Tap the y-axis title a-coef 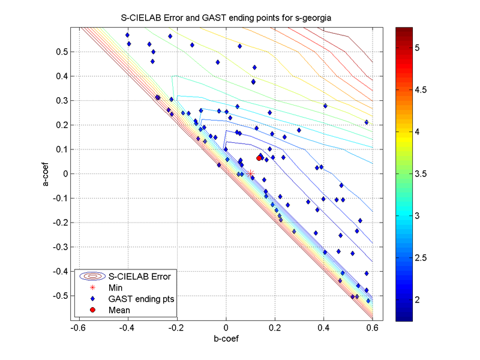coord(46,173)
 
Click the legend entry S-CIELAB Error coord(139,277)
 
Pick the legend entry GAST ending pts coord(142,299)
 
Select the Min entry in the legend coord(116,288)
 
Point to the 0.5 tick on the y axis coord(62,52)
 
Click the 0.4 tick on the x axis coord(324,328)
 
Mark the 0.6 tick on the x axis coord(373,328)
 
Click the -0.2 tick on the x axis coord(176,328)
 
